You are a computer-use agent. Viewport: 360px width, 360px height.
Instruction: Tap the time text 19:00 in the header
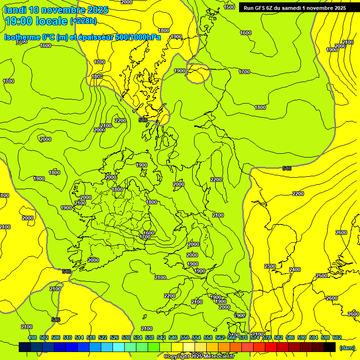pyautogui.click(x=21, y=21)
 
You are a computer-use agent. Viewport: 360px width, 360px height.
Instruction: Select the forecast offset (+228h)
pyautogui.click(x=83, y=21)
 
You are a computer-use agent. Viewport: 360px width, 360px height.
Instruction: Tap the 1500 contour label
pyautogui.click(x=229, y=7)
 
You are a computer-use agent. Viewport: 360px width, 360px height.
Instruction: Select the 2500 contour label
pyautogui.click(x=322, y=276)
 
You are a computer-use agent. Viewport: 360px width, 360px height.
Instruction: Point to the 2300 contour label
pyautogui.click(x=270, y=266)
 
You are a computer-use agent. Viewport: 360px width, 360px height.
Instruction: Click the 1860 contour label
pyautogui.click(x=97, y=76)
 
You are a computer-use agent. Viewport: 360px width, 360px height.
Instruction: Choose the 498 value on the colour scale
pyautogui.click(x=32, y=337)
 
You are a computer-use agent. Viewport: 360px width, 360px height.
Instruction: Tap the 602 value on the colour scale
pyautogui.click(x=337, y=337)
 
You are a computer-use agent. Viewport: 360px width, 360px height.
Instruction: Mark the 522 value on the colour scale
pyautogui.click(x=103, y=337)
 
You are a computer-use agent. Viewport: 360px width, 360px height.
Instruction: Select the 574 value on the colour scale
pyautogui.click(x=255, y=337)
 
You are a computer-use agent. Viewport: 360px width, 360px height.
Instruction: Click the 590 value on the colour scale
pyautogui.click(x=301, y=337)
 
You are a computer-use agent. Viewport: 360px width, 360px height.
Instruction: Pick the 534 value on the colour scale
pyautogui.click(x=138, y=337)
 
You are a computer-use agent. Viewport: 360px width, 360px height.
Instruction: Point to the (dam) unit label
pyautogui.click(x=347, y=347)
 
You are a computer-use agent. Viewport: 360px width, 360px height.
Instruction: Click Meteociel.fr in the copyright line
pyautogui.click(x=219, y=357)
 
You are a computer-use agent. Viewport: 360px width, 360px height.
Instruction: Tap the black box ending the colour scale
pyautogui.click(x=330, y=347)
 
